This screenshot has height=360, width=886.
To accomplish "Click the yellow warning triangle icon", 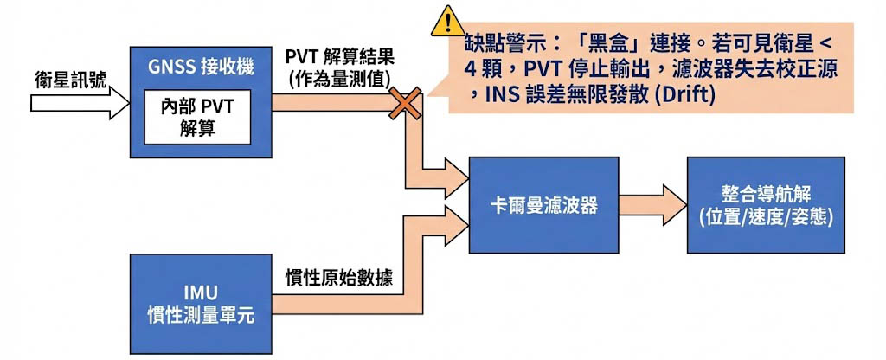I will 447,20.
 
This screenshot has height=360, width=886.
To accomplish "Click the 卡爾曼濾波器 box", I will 543,206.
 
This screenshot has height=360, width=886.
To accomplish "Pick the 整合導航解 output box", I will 765,206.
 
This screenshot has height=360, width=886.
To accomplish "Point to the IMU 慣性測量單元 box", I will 199,303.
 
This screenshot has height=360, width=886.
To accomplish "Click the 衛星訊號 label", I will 70,80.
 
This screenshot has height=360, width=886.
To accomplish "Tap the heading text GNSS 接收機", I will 196,66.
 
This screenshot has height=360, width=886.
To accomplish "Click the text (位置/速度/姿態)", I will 765,218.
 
